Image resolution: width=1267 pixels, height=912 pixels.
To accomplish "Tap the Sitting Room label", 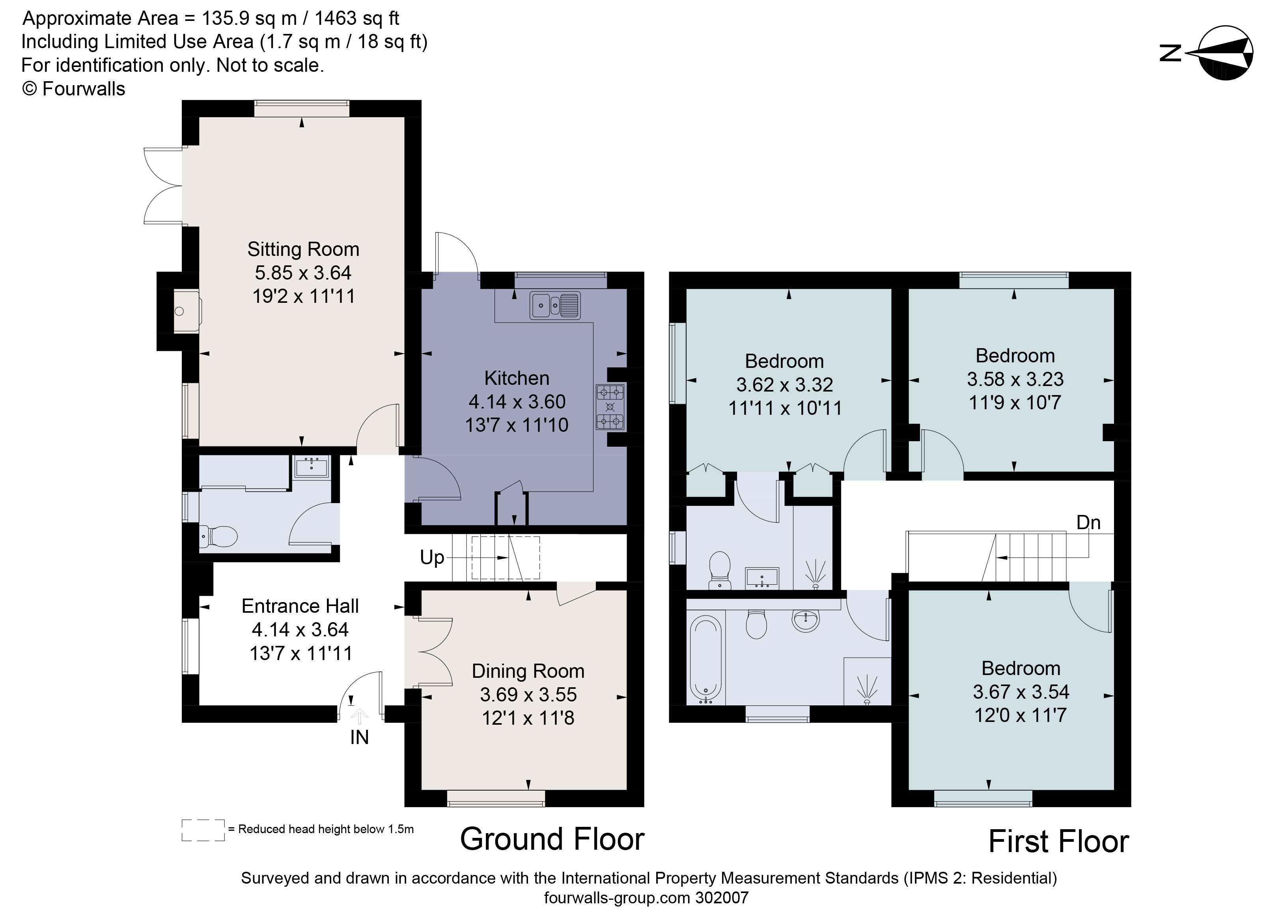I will [x=303, y=249].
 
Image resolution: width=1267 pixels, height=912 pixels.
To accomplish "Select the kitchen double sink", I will [x=555, y=305].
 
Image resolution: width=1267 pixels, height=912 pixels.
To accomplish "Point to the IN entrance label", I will [x=359, y=738].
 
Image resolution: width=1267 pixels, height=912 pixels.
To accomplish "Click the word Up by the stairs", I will [x=432, y=558].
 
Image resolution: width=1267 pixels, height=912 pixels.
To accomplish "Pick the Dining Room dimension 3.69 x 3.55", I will [x=528, y=694].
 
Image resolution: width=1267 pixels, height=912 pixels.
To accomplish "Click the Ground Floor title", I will [x=552, y=839].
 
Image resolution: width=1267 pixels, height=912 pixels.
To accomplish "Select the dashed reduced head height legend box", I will [x=203, y=830].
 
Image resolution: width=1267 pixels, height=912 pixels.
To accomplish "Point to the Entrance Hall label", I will [x=300, y=606].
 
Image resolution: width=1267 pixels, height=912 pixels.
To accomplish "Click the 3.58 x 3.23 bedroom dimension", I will [x=1015, y=379].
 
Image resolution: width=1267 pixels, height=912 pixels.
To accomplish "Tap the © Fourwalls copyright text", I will [x=73, y=89].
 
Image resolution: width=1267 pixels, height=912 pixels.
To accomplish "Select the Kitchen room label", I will [x=516, y=378].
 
